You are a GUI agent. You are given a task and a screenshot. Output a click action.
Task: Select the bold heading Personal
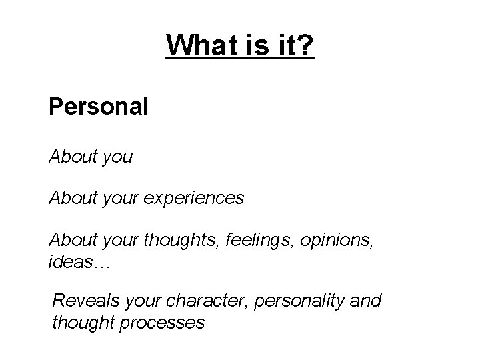tap(98, 107)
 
